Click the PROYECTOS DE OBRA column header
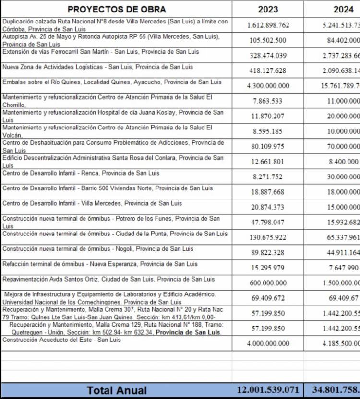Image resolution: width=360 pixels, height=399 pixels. point(117,9)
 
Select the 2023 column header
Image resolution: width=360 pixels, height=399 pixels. point(268,9)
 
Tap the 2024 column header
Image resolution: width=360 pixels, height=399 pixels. point(344,9)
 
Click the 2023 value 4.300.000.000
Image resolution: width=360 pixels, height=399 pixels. point(268,86)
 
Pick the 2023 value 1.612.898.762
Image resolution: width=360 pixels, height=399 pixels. point(268,25)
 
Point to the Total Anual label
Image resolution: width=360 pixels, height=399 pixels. point(117,390)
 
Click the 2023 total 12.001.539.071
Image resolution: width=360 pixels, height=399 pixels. point(268,390)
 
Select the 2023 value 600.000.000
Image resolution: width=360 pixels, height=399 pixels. point(268,283)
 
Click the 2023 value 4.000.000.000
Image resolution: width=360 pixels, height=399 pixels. point(268,344)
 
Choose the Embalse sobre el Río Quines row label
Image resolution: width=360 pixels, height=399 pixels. point(112,82)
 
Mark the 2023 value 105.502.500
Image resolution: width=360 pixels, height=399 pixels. point(268,41)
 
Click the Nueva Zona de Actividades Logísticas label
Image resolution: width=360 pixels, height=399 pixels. point(97,67)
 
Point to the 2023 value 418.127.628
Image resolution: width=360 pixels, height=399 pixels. point(268,71)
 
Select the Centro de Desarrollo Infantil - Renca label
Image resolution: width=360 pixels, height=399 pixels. point(81,173)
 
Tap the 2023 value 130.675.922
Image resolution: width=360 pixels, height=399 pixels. point(268,238)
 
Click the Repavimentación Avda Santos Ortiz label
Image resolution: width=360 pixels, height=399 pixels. point(108,279)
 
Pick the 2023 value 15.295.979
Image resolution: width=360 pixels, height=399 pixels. point(268,268)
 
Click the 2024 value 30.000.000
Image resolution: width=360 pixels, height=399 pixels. point(344,177)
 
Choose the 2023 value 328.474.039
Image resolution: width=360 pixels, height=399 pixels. point(268,56)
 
